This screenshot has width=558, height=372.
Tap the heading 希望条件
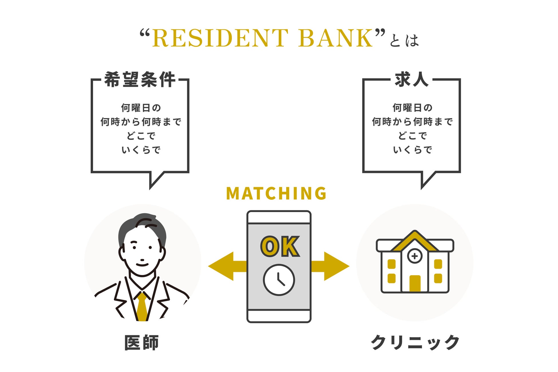[x=140, y=80]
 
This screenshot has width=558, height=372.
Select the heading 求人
[x=411, y=80]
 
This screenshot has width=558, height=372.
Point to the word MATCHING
[x=276, y=193]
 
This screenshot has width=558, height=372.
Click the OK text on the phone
[x=280, y=247]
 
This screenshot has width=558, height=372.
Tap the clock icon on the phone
[x=279, y=280]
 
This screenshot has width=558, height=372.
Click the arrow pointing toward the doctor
[x=226, y=266]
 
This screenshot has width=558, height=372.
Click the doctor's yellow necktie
[x=142, y=306]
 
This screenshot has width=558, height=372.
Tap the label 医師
[x=141, y=343]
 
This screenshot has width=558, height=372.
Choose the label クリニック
[x=415, y=343]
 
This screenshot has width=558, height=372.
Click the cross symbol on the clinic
[x=415, y=256]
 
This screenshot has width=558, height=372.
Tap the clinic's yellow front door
[x=415, y=283]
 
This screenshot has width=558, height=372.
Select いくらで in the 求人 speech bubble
[x=412, y=150]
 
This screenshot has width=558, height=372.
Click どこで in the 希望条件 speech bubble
[x=141, y=136]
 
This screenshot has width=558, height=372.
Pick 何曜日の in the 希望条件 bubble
[x=141, y=108]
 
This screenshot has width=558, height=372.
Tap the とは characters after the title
[x=404, y=41]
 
